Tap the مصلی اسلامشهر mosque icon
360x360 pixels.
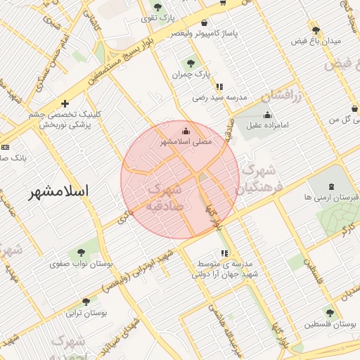coord(186,130)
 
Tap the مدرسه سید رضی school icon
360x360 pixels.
coord(220,86)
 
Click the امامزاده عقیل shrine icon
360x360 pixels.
coord(266,115)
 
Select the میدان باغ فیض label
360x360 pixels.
coord(316,41)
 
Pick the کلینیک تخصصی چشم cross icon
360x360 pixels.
coord(65,104)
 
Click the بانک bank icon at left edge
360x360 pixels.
coord(6,147)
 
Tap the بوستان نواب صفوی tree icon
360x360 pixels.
coord(82,251)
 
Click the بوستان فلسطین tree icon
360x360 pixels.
coord(329,312)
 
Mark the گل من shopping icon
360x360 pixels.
coord(354,108)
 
